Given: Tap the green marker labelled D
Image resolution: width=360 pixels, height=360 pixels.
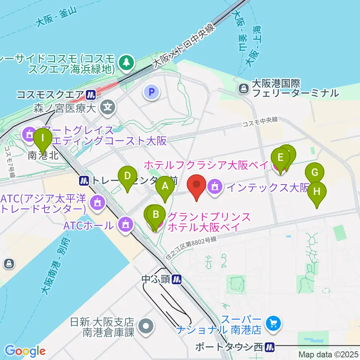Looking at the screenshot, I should point(127,176).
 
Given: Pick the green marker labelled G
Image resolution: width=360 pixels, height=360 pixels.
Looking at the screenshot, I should point(315,173).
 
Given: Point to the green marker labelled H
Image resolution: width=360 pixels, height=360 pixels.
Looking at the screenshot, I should point(317,192).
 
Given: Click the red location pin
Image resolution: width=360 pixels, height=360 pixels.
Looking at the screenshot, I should point(196,185).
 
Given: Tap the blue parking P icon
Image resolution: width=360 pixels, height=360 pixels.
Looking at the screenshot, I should point(151,91).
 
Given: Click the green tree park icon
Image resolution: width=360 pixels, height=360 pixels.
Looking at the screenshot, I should point(127,61).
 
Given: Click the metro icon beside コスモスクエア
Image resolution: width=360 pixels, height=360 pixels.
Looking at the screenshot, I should point(90,95).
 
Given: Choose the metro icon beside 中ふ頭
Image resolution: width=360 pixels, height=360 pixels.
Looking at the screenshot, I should point(177,279).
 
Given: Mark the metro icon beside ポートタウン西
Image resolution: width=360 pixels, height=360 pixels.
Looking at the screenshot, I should point(269,347).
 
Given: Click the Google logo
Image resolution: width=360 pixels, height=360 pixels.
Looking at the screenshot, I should point(25,351).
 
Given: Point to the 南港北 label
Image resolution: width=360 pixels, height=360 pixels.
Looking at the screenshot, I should point(43,155).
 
